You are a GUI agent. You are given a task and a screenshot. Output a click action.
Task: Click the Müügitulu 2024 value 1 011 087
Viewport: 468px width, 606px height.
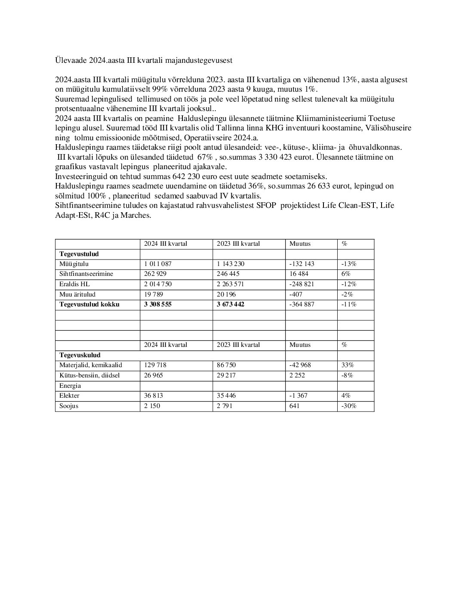(x=159, y=264)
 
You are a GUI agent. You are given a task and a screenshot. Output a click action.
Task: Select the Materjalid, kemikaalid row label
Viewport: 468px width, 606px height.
(x=91, y=365)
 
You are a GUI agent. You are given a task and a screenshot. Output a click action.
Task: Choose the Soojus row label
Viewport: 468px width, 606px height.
(x=69, y=406)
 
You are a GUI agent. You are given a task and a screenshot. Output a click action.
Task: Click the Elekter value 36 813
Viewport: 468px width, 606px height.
(x=155, y=396)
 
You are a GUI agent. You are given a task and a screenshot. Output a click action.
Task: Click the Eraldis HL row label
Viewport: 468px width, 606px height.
(x=74, y=284)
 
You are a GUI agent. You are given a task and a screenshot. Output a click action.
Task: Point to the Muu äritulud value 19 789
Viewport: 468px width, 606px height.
(x=154, y=294)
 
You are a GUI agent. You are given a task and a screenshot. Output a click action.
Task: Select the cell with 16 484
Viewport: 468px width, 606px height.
(x=299, y=274)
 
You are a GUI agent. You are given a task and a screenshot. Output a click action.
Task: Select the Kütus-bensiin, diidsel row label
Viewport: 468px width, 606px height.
(x=89, y=375)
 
